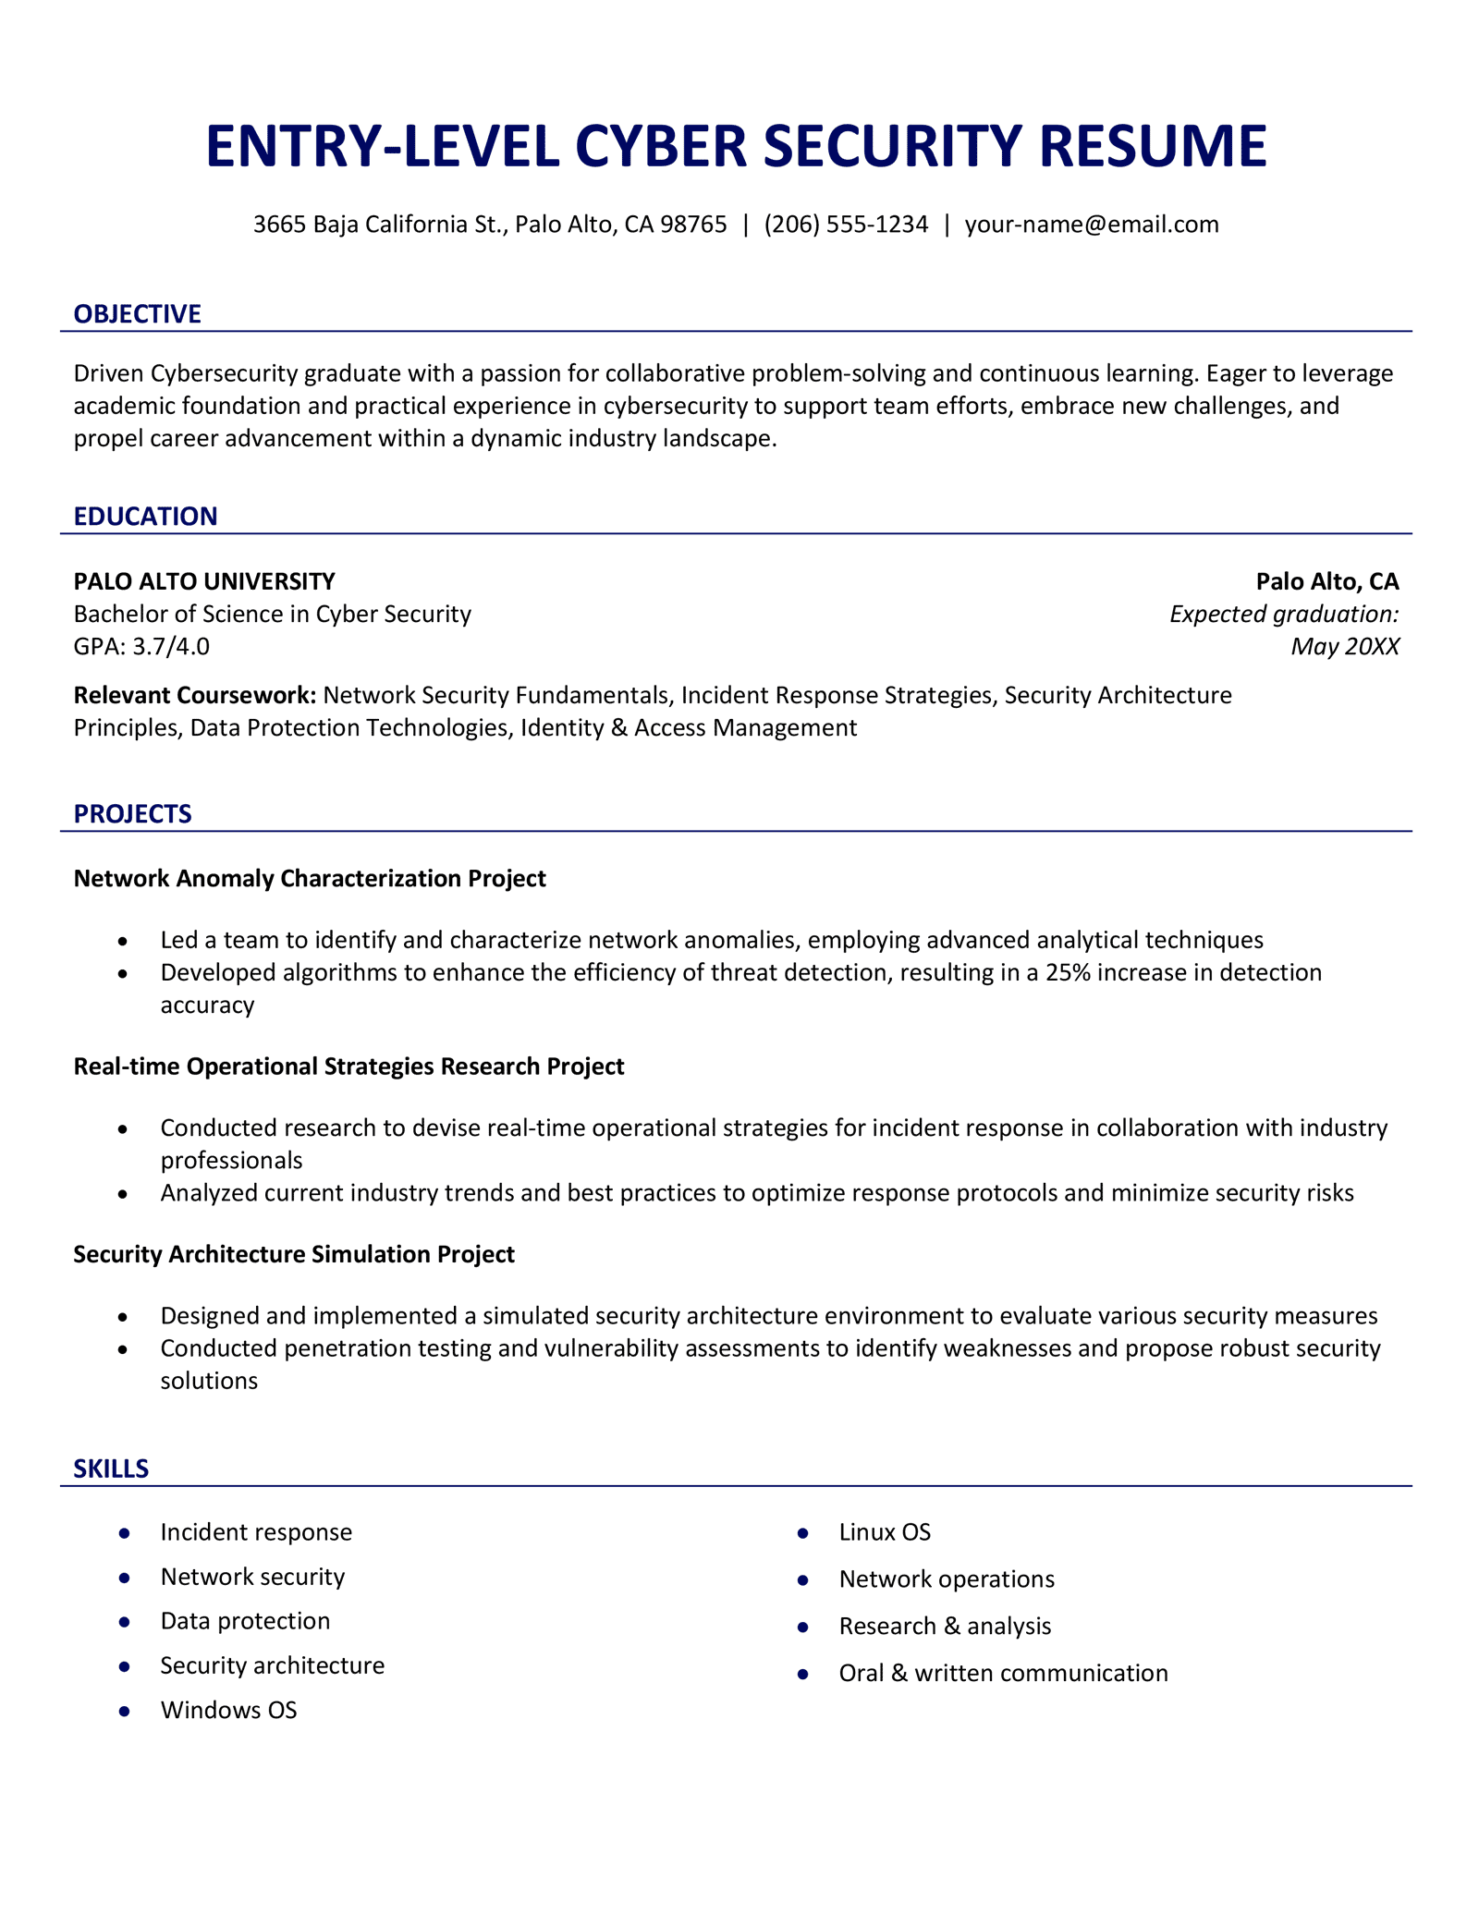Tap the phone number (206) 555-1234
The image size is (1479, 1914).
point(846,225)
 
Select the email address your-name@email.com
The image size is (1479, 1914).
point(1092,225)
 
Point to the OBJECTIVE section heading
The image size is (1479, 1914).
point(137,314)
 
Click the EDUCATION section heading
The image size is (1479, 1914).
point(145,517)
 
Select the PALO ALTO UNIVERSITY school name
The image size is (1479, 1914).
point(204,581)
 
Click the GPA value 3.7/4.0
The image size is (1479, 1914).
point(171,646)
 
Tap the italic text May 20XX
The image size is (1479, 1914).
point(1344,646)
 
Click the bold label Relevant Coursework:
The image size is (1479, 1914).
point(195,695)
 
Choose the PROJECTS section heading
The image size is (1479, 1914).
point(132,814)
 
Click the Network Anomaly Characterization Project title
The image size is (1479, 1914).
point(310,878)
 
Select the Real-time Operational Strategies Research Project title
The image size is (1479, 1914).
point(348,1067)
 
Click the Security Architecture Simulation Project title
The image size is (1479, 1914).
point(294,1254)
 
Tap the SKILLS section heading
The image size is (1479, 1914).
point(111,1469)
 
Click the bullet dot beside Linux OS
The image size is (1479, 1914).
point(802,1533)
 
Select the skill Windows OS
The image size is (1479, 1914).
point(228,1711)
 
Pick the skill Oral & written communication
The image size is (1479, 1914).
point(1003,1674)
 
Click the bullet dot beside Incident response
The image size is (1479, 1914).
point(124,1533)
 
